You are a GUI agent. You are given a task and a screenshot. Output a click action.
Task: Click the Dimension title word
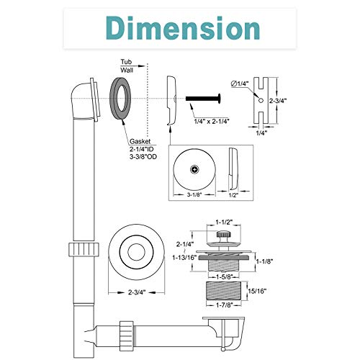pos(183,28)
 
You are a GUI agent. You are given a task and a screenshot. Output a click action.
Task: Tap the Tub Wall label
pos(127,66)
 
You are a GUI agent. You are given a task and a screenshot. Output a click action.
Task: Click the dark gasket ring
pos(120,99)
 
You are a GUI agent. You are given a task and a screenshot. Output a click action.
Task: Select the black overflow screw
pos(203,99)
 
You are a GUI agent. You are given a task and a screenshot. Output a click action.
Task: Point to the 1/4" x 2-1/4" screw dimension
pos(212,121)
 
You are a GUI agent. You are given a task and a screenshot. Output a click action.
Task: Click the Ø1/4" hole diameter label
pos(240,84)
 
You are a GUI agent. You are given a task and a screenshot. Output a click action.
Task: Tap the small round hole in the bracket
pos(261,100)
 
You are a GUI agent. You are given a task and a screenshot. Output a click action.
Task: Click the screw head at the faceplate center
pos(194,170)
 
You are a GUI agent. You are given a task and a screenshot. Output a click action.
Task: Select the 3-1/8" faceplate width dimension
pos(194,194)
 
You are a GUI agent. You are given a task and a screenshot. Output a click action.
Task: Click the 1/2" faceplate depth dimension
pos(233,195)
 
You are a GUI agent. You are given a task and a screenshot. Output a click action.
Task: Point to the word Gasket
pos(140,141)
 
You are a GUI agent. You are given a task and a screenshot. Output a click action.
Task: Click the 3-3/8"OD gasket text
pos(143,157)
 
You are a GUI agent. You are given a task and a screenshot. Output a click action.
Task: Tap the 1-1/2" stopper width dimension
pos(224,222)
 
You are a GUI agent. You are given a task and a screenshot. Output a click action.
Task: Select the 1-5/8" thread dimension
pos(224,276)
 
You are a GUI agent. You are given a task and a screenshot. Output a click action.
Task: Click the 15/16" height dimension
pos(257,291)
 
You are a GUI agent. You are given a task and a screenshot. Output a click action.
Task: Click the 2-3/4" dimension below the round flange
pos(137,292)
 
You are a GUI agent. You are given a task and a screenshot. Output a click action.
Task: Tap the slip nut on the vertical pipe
pos(84,249)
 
